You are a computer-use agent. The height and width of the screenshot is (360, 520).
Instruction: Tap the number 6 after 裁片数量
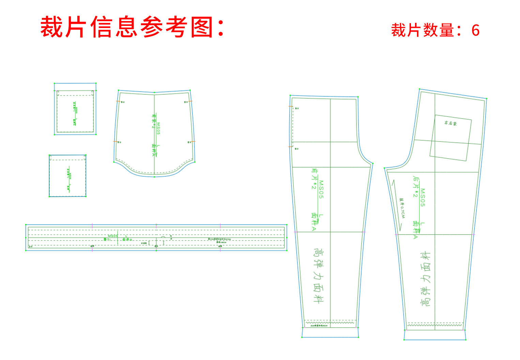[x=475, y=31]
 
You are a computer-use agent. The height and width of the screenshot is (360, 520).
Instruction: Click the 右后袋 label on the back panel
[x=450, y=123]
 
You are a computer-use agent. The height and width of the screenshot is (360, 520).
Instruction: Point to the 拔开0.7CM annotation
[x=402, y=208]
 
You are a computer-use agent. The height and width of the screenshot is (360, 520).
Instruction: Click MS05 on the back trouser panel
[x=423, y=198]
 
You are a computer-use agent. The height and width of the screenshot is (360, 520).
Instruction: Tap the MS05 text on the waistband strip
[x=113, y=236]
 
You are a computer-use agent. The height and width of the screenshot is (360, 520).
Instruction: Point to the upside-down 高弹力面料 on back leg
[x=426, y=279]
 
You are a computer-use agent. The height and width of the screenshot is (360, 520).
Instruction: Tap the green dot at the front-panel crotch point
[x=373, y=163]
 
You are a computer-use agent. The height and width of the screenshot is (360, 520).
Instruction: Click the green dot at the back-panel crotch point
[x=384, y=168]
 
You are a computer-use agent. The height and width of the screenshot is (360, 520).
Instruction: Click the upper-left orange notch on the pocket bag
[x=118, y=101]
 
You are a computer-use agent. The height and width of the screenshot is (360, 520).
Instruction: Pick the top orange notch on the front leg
[x=291, y=107]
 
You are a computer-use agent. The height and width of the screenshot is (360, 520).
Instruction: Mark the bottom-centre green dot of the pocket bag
[x=154, y=177]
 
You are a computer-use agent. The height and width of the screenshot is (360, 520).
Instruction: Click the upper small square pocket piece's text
[x=75, y=113]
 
